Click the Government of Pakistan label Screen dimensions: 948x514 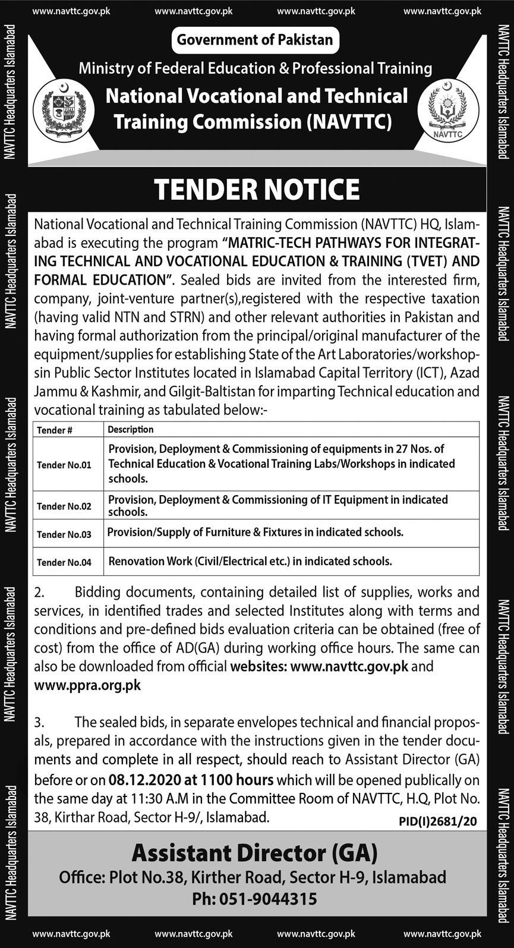(x=255, y=40)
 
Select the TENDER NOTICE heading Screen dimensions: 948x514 (x=257, y=190)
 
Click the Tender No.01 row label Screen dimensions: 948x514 (x=64, y=465)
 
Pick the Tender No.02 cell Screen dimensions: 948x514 (x=64, y=506)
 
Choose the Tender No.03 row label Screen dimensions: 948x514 (x=64, y=534)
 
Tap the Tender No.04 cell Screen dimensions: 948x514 (x=64, y=562)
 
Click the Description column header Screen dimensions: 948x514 (x=131, y=429)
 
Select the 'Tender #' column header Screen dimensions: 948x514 (x=55, y=430)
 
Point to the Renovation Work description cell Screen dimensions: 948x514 (x=250, y=560)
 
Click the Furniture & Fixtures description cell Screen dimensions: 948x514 (x=256, y=532)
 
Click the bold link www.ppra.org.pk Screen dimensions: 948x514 (x=87, y=685)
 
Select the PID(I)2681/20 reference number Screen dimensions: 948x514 (x=439, y=821)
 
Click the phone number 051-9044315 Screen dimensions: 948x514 (x=254, y=899)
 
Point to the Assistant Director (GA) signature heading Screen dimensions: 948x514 (x=254, y=853)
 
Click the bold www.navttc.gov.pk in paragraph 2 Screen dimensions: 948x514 (x=349, y=666)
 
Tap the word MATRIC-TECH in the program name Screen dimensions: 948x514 (x=271, y=243)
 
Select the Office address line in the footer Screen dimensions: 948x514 (x=252, y=877)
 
